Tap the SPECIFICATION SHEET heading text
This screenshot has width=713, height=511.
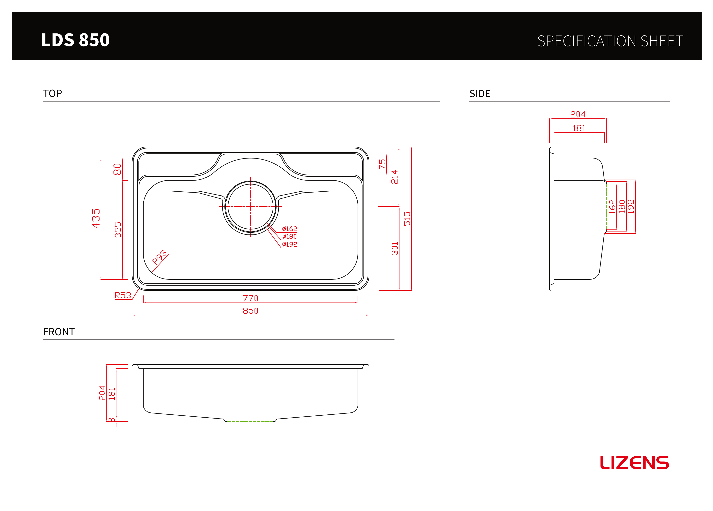click(x=610, y=41)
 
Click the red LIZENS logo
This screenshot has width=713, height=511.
click(x=634, y=463)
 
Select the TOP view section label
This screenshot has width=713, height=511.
click(x=53, y=93)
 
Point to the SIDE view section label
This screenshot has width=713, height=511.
click(x=480, y=94)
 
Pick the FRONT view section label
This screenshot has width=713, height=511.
click(x=59, y=332)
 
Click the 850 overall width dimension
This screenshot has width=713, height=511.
click(x=251, y=311)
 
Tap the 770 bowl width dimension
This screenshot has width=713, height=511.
click(x=251, y=298)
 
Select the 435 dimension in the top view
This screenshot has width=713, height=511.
click(x=96, y=218)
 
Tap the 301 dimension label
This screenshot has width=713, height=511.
click(x=395, y=248)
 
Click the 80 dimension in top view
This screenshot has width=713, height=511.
click(x=117, y=169)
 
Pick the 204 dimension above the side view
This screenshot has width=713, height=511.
click(x=578, y=114)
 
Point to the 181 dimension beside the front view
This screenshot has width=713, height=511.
click(x=112, y=394)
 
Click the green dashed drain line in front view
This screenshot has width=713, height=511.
click(x=251, y=421)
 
